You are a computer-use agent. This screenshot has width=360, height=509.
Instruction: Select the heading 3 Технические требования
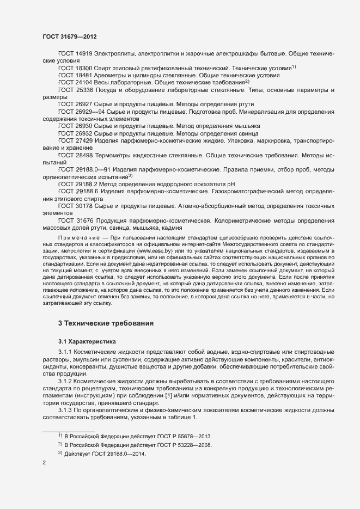coord(106,323)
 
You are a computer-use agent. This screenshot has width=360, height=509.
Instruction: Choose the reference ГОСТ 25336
coord(76,89)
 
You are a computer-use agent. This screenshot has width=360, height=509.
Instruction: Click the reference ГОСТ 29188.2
coord(78,183)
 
